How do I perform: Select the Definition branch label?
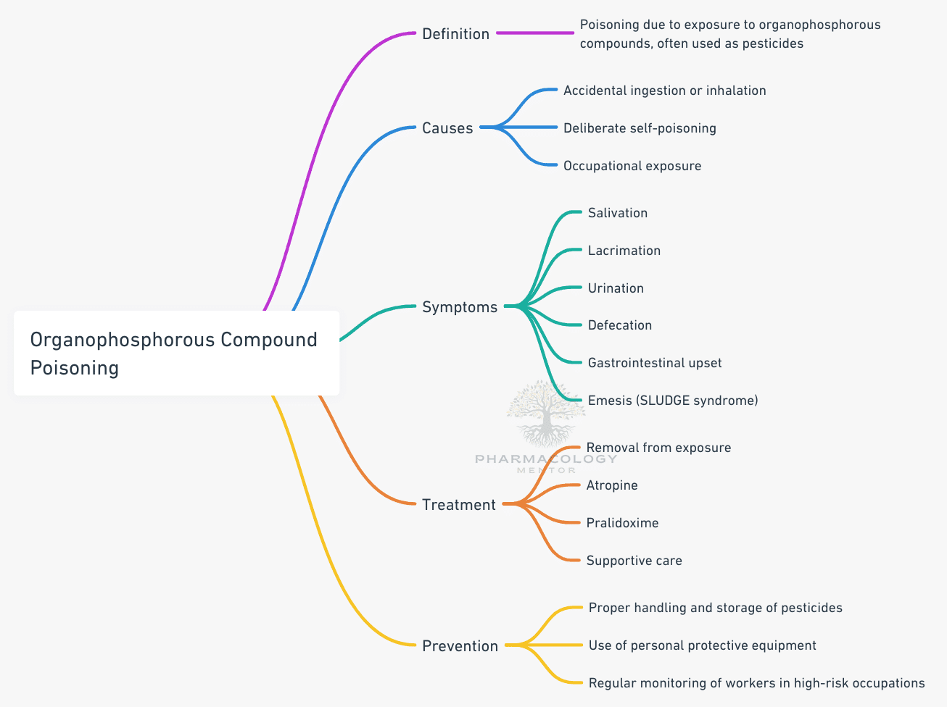coord(455,34)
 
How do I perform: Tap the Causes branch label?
coord(447,128)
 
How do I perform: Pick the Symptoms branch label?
coord(460,307)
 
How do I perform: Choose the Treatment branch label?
coord(459,505)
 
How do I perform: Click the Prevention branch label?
coord(460,646)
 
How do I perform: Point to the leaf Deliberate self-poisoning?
coord(640,128)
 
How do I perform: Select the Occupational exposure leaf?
coord(632,166)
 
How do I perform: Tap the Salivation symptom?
coord(618,213)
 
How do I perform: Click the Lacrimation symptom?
coord(624,251)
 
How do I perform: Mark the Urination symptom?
coord(616,288)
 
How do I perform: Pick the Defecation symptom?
coord(620,325)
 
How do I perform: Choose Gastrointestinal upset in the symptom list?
coord(655,363)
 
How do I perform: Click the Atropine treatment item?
coord(612,485)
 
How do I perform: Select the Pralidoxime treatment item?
coord(622,523)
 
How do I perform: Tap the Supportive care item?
coord(634,561)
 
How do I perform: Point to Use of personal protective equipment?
coord(702,645)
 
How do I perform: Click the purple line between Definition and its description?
coord(535,33)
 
